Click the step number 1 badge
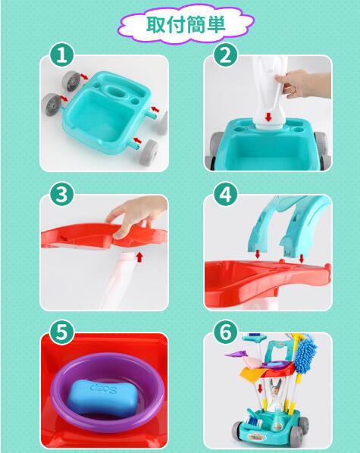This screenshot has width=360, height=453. click(x=62, y=55)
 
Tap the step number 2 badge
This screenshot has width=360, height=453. click(x=226, y=55)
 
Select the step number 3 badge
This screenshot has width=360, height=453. click(x=62, y=194)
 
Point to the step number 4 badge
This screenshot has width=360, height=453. click(x=226, y=194)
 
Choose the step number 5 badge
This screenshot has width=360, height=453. click(x=62, y=333)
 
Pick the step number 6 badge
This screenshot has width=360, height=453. click(x=226, y=333)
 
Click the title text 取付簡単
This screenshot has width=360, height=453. click(x=186, y=23)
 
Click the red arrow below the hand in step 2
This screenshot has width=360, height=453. click(x=268, y=117)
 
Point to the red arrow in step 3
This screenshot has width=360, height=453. click(x=139, y=257)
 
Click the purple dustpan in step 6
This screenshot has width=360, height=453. click(x=235, y=353)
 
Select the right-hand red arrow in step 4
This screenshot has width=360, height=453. click(x=302, y=258)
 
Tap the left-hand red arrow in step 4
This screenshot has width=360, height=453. click(x=258, y=255)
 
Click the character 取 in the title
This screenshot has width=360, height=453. click(x=156, y=23)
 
